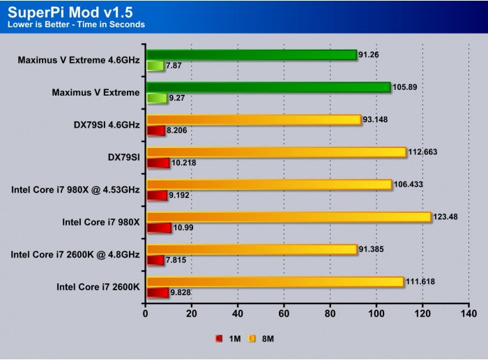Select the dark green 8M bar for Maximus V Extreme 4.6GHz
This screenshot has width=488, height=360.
click(251, 54)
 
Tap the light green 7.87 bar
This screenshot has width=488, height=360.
click(155, 66)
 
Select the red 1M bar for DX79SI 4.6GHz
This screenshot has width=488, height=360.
click(155, 130)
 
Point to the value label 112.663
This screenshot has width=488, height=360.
click(426, 152)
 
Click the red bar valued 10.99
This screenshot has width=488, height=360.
click(158, 228)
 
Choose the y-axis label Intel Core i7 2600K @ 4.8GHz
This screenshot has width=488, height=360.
click(75, 255)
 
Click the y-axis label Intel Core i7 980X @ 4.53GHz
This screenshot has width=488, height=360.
click(76, 190)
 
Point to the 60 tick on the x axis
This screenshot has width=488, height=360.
click(284, 314)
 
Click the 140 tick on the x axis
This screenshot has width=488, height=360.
click(468, 314)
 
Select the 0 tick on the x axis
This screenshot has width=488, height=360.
click(145, 314)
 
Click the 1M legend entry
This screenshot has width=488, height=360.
click(229, 338)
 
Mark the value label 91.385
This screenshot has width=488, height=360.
click(375, 249)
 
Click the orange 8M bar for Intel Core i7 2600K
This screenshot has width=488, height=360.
click(275, 282)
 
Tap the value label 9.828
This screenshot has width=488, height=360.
click(184, 293)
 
